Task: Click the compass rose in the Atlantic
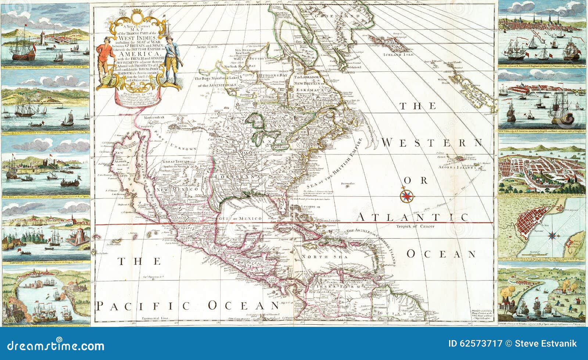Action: coord(407,195)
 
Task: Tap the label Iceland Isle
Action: coord(398,54)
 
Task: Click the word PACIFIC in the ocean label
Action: coord(143,306)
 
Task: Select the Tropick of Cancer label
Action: coord(415,226)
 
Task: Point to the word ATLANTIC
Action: coord(412,217)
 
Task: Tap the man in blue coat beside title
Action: coord(170,59)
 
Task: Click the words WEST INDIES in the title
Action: coord(142,38)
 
